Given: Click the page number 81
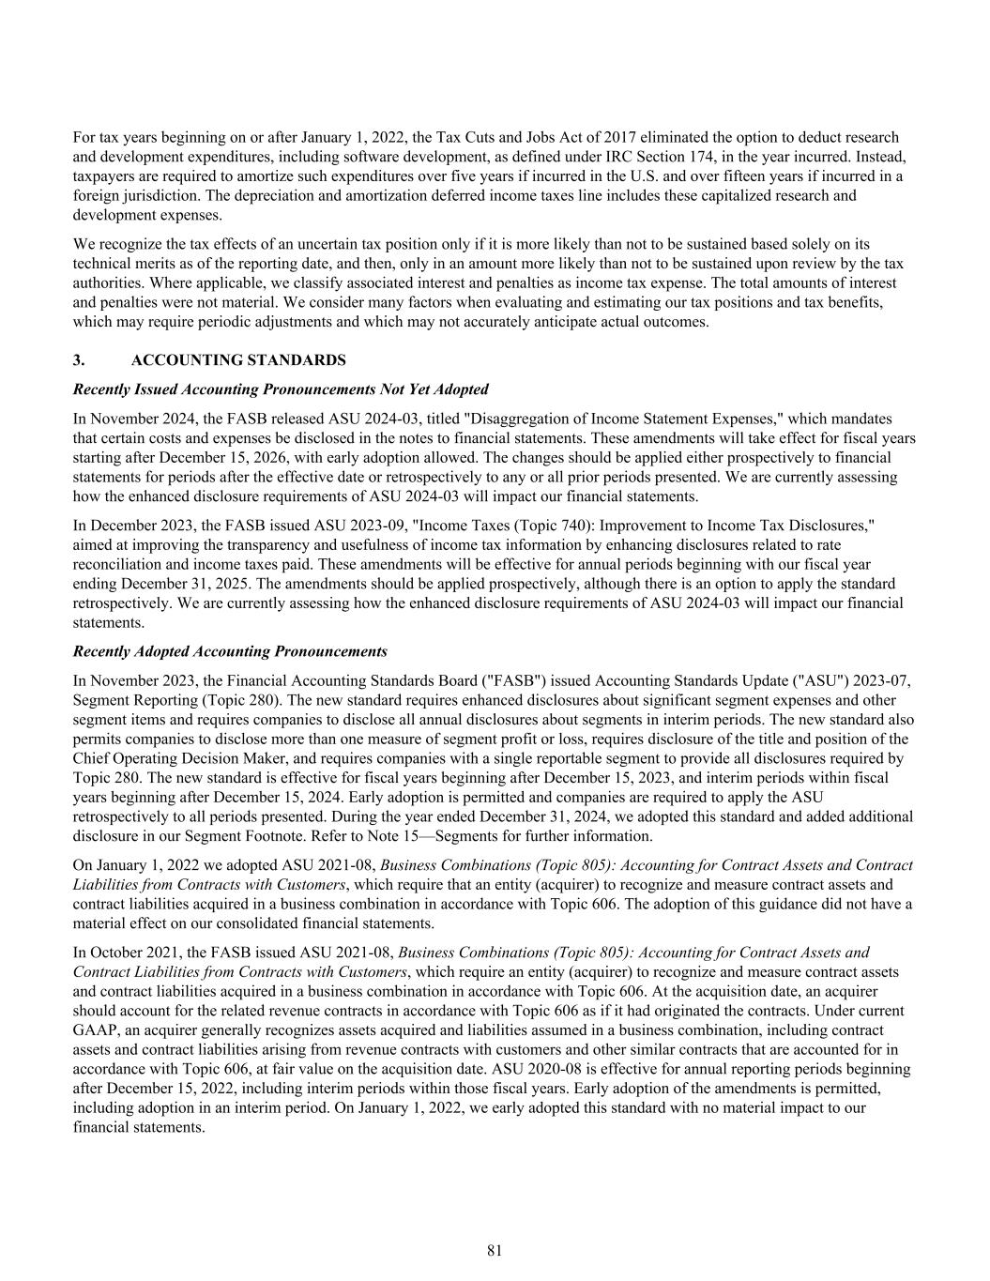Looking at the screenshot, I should [495, 1250].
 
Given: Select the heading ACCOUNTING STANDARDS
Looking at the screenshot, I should [238, 360].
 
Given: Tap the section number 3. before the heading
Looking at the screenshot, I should [79, 360].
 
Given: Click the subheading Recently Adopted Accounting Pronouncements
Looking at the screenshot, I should [230, 651].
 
